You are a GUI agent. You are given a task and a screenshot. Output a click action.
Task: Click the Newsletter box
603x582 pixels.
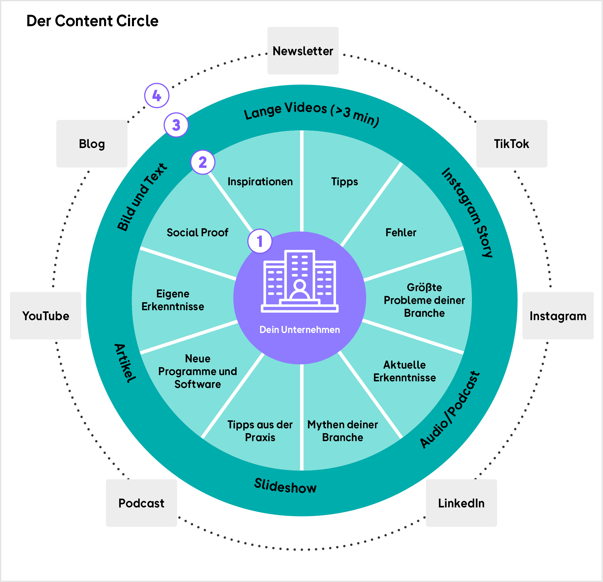pyautogui.click(x=303, y=51)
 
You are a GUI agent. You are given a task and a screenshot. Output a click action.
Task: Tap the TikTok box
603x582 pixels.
pyautogui.click(x=511, y=144)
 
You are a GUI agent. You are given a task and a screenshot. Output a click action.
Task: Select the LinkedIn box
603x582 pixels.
pyautogui.click(x=461, y=503)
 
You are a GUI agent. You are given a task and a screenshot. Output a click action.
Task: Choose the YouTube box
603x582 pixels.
pyautogui.click(x=46, y=316)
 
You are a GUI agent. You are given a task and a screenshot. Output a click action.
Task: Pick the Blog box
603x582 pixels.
pyautogui.click(x=92, y=144)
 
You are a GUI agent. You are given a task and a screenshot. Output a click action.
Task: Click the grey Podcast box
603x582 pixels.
pyautogui.click(x=141, y=503)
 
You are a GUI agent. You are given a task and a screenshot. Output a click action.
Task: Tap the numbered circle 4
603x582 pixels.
pyautogui.click(x=157, y=95)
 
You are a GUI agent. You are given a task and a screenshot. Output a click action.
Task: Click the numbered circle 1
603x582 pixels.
pyautogui.click(x=260, y=241)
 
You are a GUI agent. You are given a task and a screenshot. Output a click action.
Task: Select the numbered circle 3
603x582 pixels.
pyautogui.click(x=176, y=125)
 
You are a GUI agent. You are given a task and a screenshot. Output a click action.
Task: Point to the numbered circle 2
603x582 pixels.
pyautogui.click(x=203, y=162)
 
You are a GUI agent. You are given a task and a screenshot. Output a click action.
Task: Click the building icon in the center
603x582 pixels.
pyautogui.click(x=300, y=281)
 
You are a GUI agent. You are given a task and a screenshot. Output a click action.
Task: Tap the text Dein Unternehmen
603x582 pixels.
pyautogui.click(x=300, y=330)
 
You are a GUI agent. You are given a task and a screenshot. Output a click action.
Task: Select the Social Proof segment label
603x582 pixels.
pyautogui.click(x=197, y=232)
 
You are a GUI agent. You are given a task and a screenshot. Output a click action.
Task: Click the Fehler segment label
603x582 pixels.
pyautogui.click(x=400, y=232)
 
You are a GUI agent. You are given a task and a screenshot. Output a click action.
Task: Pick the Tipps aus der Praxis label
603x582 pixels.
pyautogui.click(x=260, y=431)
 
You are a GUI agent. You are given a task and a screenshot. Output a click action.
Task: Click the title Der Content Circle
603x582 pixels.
pyautogui.click(x=92, y=21)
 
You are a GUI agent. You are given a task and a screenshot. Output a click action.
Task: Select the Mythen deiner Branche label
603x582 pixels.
pyautogui.click(x=342, y=431)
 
